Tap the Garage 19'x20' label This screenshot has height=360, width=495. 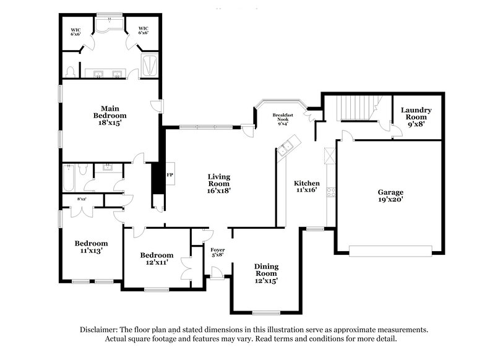pyautogui.click(x=391, y=196)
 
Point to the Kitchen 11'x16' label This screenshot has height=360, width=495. pyautogui.click(x=306, y=187)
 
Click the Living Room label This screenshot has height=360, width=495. pyautogui.click(x=218, y=184)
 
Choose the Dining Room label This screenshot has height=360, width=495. pyautogui.click(x=266, y=273)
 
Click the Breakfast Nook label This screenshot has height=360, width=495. pyautogui.click(x=283, y=119)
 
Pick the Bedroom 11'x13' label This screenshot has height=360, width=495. pyautogui.click(x=91, y=247)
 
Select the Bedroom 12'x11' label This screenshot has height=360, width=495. pyautogui.click(x=156, y=259)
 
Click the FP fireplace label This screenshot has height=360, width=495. pyautogui.click(x=169, y=175)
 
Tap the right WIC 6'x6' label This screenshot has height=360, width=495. pyautogui.click(x=144, y=30)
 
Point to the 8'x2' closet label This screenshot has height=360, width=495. pyautogui.click(x=81, y=199)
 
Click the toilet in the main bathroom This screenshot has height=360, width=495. pyautogui.click(x=70, y=71)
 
